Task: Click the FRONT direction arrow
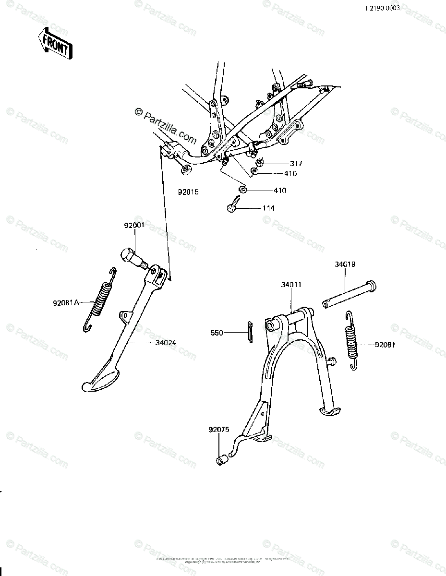coord(54,43)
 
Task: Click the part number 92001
coord(133,225)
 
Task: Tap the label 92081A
coord(66,302)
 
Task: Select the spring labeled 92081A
coord(100,299)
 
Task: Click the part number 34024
coord(165,343)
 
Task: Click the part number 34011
coord(291,285)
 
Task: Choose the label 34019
coord(345,264)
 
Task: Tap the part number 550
coord(217,332)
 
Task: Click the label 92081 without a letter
coord(387,345)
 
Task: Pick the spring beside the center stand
coord(352,341)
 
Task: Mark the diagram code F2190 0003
coord(382,8)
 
